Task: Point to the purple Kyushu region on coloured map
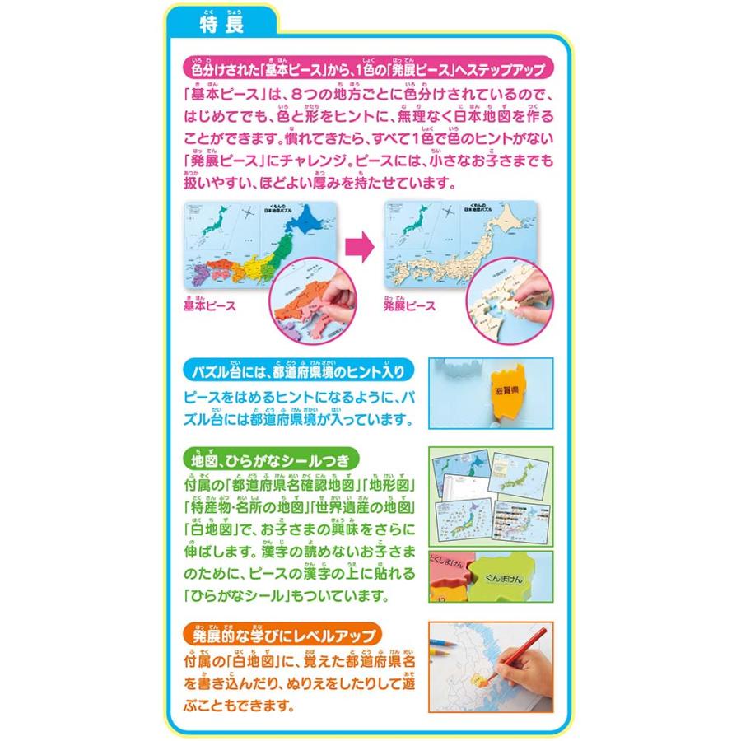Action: click(198, 285)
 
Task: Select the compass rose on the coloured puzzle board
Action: click(246, 216)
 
